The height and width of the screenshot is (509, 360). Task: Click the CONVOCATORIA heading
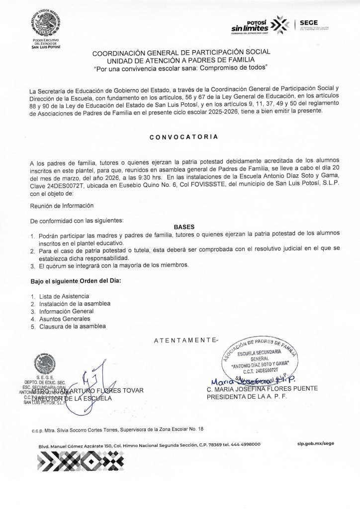pyautogui.click(x=183, y=138)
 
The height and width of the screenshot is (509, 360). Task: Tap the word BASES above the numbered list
pyautogui.click(x=183, y=225)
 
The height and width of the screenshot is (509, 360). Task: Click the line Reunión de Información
pyautogui.click(x=62, y=205)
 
